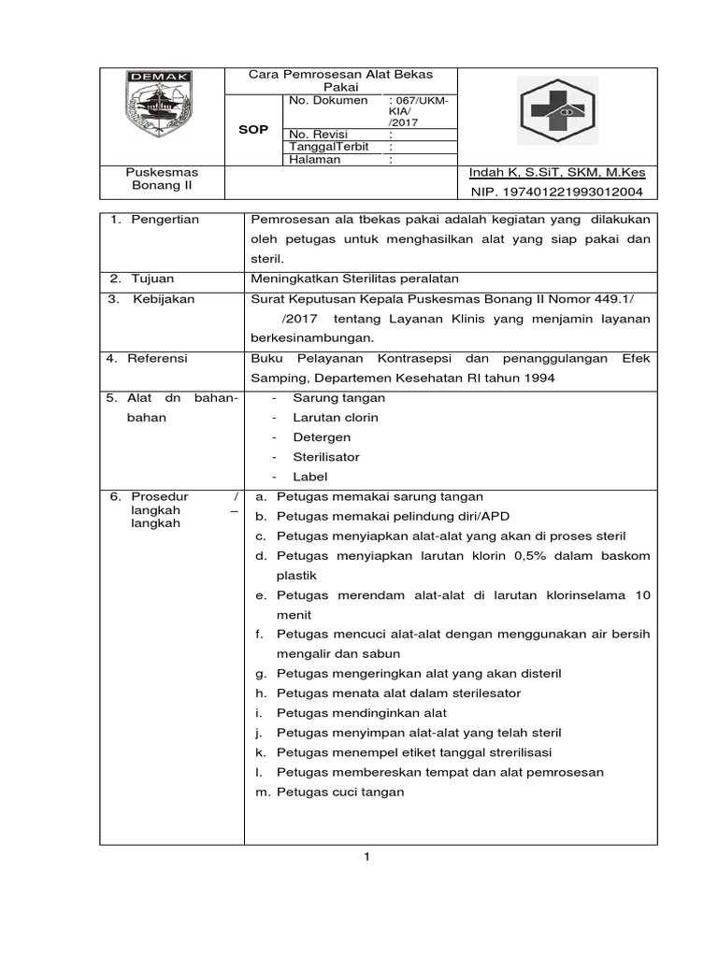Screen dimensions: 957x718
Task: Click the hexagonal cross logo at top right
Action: click(x=559, y=110)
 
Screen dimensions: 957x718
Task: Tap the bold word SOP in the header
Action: click(x=252, y=130)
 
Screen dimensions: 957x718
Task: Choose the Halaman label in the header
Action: click(x=315, y=160)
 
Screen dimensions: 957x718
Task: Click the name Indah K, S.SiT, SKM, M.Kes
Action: click(x=558, y=173)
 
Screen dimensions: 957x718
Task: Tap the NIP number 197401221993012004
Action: click(x=558, y=193)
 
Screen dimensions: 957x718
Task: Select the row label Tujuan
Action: click(x=153, y=279)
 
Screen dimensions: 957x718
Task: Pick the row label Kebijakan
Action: click(x=162, y=298)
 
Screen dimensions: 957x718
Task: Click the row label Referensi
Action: click(x=159, y=358)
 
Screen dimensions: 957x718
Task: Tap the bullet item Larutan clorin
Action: click(x=335, y=417)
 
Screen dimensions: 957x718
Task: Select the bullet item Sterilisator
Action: click(x=325, y=457)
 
